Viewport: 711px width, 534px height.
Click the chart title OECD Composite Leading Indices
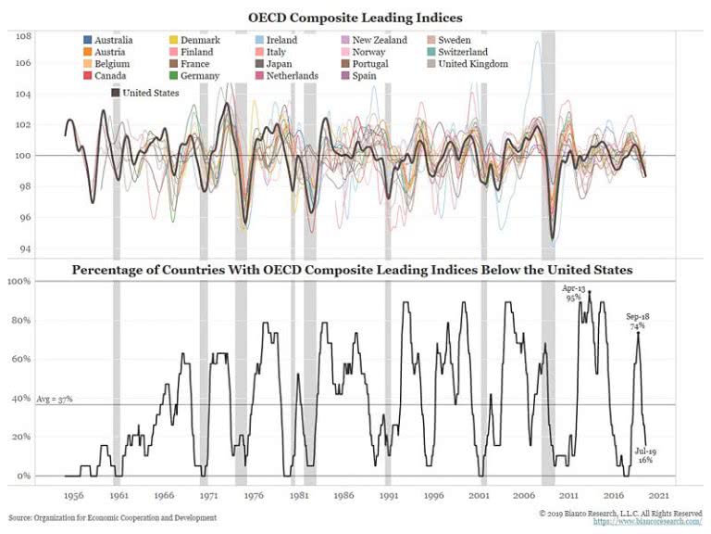pyautogui.click(x=355, y=17)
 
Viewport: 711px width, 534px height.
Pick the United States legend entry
pyautogui.click(x=143, y=92)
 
